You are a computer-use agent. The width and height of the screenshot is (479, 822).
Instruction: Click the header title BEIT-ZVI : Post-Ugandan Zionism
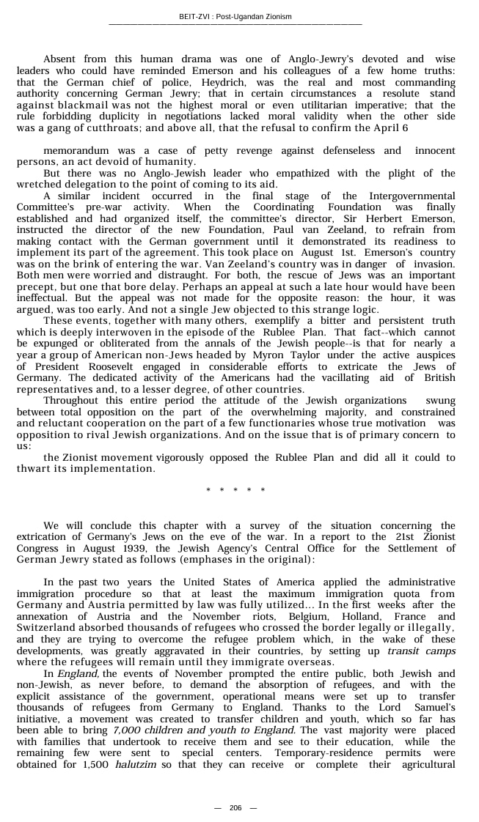[235, 17]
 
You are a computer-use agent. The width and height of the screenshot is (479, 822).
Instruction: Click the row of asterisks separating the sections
[235, 490]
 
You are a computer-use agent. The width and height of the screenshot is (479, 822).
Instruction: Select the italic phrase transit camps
[421, 651]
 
